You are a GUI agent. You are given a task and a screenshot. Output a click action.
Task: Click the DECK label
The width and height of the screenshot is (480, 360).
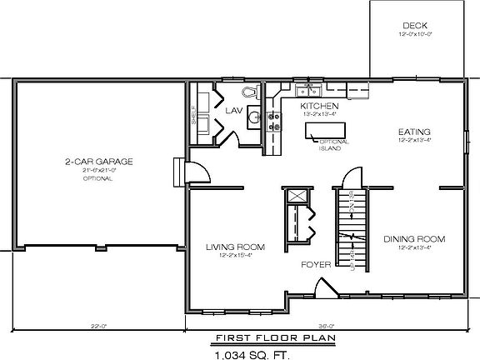coord(414,26)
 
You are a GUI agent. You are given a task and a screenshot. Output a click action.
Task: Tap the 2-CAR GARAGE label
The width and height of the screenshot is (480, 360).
coord(99,162)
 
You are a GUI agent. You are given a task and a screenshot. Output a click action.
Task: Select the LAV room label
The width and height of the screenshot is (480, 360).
coord(232,109)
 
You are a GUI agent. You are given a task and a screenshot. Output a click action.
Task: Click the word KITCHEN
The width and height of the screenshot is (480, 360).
coord(319,106)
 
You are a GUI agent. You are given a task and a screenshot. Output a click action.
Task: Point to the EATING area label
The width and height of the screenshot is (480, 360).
coord(413,132)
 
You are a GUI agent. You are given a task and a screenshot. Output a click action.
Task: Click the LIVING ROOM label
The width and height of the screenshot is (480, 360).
coord(236,247)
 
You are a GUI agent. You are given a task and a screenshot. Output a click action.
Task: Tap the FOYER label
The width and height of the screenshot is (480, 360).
coord(317,264)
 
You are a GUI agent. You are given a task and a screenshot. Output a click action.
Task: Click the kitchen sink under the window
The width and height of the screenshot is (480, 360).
coord(310,90)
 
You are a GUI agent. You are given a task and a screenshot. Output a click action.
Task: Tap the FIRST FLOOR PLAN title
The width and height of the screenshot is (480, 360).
coord(261,338)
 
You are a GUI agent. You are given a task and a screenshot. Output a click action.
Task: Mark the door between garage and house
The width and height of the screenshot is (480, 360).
coord(197,171)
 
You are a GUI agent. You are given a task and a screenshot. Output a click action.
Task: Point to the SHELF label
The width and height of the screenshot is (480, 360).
coord(193,114)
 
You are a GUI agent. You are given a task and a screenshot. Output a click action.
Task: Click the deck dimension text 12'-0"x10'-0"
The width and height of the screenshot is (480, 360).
coord(414,36)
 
